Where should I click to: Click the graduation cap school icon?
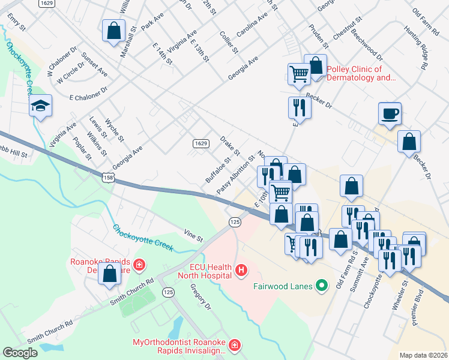click(41, 106)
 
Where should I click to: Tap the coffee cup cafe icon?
click(390, 113)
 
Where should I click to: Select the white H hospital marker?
click(242, 271)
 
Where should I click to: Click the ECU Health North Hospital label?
click(202, 271)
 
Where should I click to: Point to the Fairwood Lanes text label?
click(283, 286)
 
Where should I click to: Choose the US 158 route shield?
click(108, 178)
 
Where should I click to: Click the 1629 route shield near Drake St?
click(201, 143)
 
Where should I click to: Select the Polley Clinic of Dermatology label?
click(361, 73)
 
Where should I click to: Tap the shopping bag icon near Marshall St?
click(113, 30)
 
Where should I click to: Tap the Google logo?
click(20, 352)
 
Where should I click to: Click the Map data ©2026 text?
click(423, 355)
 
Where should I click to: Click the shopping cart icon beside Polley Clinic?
click(298, 74)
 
